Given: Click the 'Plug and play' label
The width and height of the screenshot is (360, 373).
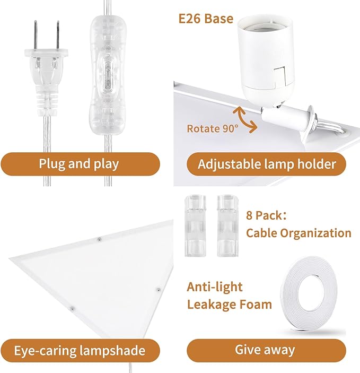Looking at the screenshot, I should point(80,163).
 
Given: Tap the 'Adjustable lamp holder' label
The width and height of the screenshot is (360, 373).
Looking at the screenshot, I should point(267,163).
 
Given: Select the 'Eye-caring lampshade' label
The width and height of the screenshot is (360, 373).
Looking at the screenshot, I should point(80,350).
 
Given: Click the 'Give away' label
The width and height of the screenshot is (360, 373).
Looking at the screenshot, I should point(265,350).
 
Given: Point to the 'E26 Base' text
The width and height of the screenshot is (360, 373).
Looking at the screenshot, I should point(206,20).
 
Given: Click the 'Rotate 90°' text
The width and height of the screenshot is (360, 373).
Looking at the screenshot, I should point(212,128).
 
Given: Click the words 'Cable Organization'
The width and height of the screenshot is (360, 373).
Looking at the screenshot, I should point(298,233).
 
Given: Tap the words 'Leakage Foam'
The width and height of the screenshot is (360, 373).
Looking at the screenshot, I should point(229,305).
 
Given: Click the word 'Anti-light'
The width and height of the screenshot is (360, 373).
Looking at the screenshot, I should point(214,287).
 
